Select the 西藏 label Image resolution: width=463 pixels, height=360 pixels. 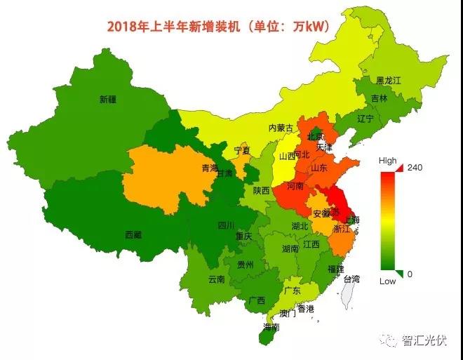pos(133,234)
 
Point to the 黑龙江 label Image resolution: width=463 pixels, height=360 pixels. pos(388,81)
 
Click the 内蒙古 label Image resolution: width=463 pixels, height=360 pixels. pos(281,128)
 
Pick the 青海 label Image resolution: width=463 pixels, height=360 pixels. pos(210,168)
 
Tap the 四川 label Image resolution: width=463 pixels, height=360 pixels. pos(226,225)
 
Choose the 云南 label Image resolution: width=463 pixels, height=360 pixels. pos(217,279)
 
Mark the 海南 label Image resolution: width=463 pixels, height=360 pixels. pos(271,327)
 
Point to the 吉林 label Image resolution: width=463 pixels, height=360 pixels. pos(379,99)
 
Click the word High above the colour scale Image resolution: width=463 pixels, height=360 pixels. pos(387,161)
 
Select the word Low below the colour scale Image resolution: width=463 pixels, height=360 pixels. pos(387,281)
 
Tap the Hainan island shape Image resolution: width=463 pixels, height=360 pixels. pos(264,336)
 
